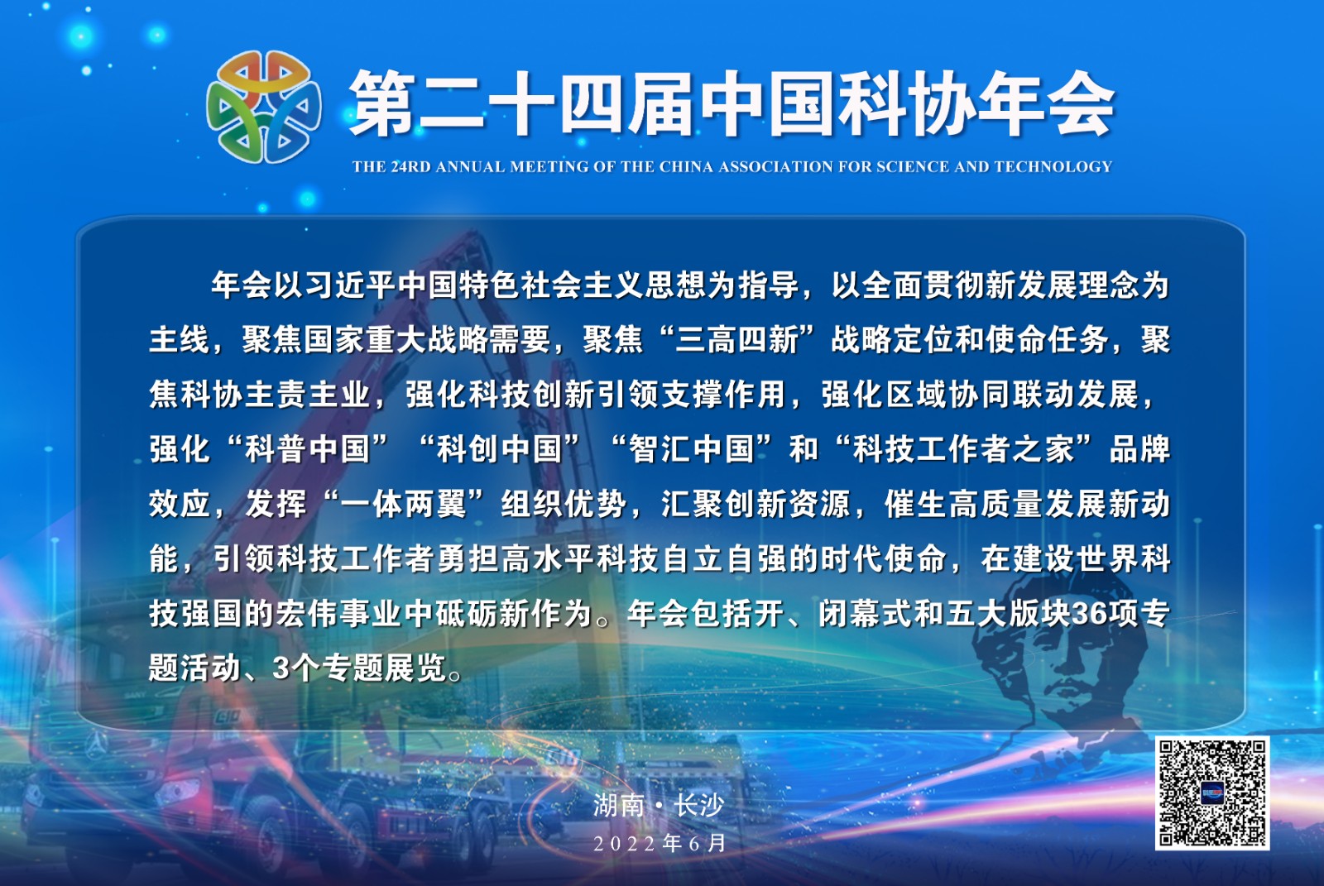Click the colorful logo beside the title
pyautogui.click(x=264, y=107)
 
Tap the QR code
pyautogui.click(x=1212, y=793)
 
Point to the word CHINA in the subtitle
pyautogui.click(x=686, y=166)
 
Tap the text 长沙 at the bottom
pyautogui.click(x=699, y=805)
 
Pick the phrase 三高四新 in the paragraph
pyautogui.click(x=736, y=340)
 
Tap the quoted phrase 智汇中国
pyautogui.click(x=692, y=449)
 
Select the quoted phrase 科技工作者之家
pyautogui.click(x=963, y=449)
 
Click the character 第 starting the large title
pyautogui.click(x=382, y=104)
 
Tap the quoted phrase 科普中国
pyautogui.click(x=307, y=449)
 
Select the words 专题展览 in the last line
pyautogui.click(x=384, y=669)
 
